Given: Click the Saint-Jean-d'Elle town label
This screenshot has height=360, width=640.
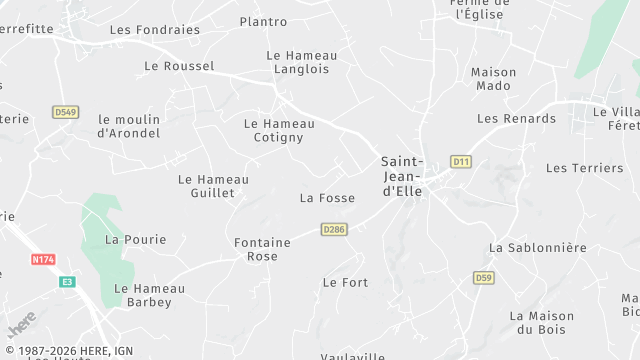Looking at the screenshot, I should [x=402, y=176].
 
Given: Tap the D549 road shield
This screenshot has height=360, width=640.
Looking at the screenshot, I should [x=66, y=112].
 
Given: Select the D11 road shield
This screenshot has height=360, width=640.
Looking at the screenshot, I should [x=461, y=161].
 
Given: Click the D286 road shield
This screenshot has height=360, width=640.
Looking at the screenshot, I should [x=334, y=229].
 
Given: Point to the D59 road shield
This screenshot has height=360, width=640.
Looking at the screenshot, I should [x=484, y=277].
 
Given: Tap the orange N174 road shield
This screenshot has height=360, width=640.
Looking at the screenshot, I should [x=43, y=259].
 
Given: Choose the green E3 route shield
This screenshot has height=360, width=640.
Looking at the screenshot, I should [x=67, y=282].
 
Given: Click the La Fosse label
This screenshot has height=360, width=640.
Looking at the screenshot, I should [x=327, y=198].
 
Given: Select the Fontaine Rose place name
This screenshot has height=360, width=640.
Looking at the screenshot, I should [x=262, y=249].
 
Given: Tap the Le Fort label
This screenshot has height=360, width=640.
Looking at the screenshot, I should [x=345, y=283].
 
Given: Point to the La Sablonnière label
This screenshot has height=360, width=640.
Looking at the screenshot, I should [x=537, y=247].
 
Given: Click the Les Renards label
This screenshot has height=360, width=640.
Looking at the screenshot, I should [x=516, y=118].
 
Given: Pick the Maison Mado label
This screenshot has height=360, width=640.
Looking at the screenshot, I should [x=493, y=79].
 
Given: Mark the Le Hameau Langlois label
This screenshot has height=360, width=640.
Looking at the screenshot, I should [x=301, y=62].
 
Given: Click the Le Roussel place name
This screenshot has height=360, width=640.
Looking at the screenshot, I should [x=179, y=66].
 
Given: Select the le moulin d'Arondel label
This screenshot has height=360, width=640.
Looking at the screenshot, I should [x=129, y=126].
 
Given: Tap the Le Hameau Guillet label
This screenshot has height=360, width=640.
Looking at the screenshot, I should [x=213, y=186].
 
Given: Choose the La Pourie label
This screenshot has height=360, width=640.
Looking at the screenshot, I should [x=135, y=239].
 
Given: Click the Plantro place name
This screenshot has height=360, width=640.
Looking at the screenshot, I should [x=263, y=21].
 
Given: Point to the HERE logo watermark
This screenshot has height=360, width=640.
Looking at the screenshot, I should [x=21, y=324].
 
